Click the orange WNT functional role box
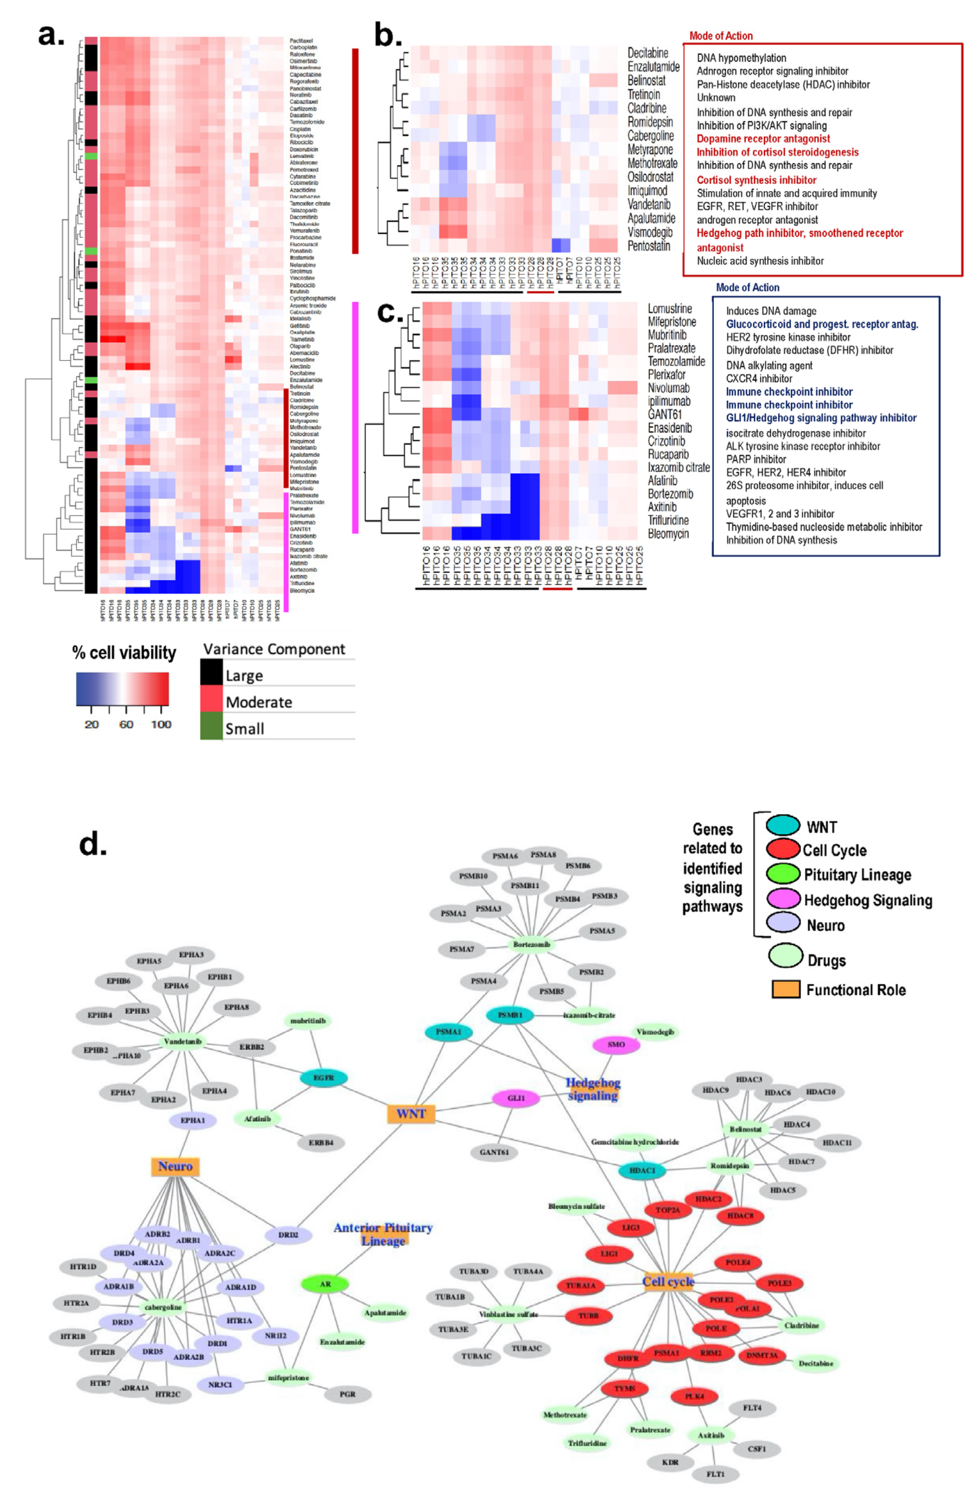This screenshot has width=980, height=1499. [411, 1114]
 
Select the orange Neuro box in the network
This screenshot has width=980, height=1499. [175, 1167]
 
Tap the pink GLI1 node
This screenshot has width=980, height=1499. [515, 1098]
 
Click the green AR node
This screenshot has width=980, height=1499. [325, 1284]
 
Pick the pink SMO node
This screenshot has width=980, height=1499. [616, 1045]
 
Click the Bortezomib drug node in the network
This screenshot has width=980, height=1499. [531, 945]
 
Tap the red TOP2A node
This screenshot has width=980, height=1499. [668, 1210]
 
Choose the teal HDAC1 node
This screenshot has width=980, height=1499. [642, 1170]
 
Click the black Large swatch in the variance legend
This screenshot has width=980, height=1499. [212, 673]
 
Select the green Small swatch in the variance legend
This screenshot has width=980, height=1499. [212, 728]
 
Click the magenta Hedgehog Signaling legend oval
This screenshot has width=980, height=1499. [783, 899]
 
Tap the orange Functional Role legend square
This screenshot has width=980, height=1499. [786, 989]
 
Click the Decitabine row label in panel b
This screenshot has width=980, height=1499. [648, 53]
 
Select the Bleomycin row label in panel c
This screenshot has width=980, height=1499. [668, 534]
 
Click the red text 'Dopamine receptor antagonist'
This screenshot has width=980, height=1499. [763, 138]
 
